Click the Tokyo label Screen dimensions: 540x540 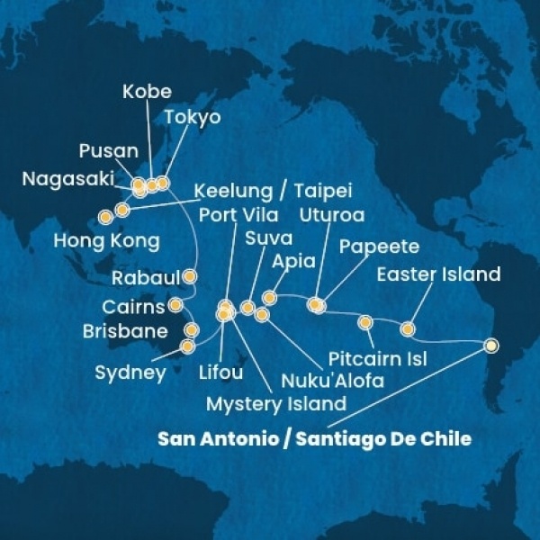(193, 117)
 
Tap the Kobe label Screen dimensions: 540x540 (148, 92)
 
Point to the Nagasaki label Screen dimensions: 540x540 (61, 179)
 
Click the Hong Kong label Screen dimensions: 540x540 (106, 241)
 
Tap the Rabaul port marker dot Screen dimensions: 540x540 (190, 276)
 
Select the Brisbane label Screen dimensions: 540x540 (124, 331)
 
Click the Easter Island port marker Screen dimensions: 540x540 (408, 328)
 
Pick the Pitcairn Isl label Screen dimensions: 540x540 (378, 359)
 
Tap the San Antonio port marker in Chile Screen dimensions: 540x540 (490, 345)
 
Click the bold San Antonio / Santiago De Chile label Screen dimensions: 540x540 (314, 439)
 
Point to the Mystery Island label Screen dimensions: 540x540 (276, 403)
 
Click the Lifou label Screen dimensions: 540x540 (220, 369)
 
